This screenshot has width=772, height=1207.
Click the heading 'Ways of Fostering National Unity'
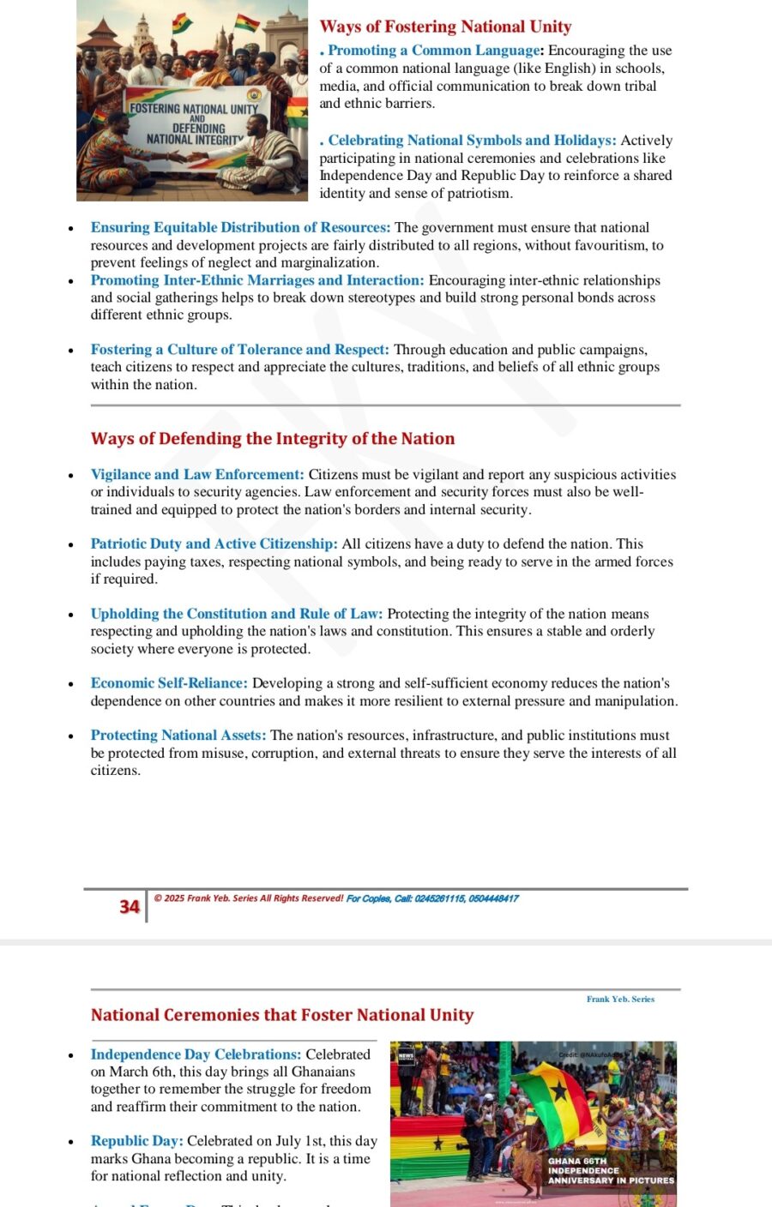click(445, 27)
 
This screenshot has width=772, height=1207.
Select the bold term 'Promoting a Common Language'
click(434, 51)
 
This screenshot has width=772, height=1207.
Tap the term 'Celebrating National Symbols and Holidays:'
click(472, 141)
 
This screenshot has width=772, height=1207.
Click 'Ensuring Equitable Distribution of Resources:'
click(240, 228)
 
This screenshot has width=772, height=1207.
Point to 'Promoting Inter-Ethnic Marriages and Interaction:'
click(257, 280)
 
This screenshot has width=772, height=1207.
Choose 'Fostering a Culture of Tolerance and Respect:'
click(240, 350)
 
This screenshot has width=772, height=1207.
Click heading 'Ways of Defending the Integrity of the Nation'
click(273, 439)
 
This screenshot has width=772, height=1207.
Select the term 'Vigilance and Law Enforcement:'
click(197, 475)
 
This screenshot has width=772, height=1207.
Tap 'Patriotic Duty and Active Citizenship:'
click(214, 544)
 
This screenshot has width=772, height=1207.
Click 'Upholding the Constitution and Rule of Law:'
click(237, 614)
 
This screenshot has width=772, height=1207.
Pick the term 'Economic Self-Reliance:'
click(169, 683)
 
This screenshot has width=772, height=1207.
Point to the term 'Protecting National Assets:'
click(178, 736)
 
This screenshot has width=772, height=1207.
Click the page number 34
click(130, 907)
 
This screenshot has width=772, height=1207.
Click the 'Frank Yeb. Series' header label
click(620, 1000)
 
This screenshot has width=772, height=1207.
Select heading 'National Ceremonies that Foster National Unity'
click(282, 1015)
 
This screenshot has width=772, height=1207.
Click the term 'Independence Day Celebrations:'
click(196, 1054)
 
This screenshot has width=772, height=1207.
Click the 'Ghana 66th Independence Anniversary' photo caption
click(610, 1171)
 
